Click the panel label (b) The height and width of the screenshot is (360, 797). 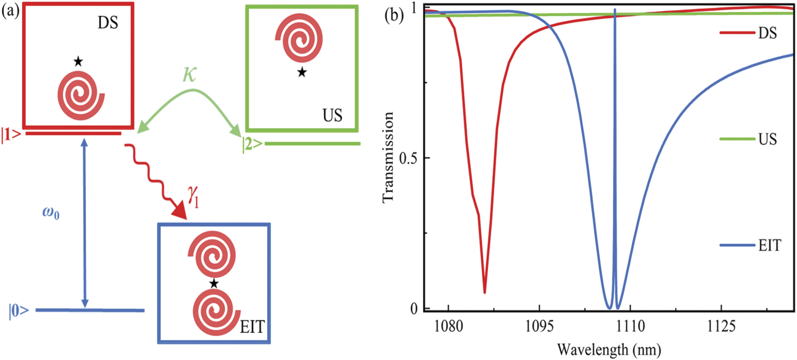394,15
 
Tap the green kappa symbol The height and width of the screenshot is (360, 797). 190,74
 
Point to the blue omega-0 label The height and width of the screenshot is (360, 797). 51,214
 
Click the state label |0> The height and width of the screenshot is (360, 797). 19,311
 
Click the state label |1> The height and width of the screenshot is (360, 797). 11,135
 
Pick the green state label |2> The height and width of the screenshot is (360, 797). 252,144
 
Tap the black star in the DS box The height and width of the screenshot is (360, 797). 78,61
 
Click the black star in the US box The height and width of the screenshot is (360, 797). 302,72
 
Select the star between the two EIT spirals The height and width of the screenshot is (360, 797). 214,283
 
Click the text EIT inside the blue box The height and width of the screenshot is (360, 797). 252,326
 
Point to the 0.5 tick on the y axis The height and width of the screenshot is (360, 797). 408,158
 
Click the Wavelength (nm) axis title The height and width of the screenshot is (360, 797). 609,350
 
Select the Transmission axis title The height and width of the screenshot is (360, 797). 387,157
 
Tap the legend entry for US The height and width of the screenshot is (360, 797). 767,139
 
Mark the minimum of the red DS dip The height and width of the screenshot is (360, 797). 484,292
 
